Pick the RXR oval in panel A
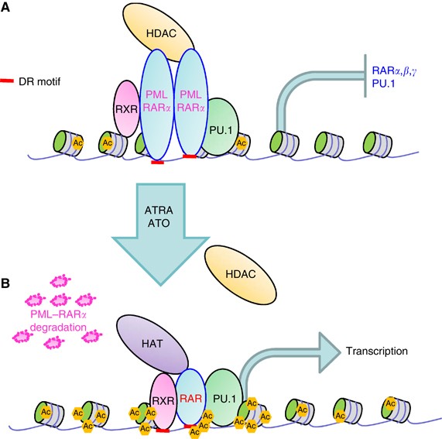point(125,108)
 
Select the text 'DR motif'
point(46,81)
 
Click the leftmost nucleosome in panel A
point(65,142)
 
